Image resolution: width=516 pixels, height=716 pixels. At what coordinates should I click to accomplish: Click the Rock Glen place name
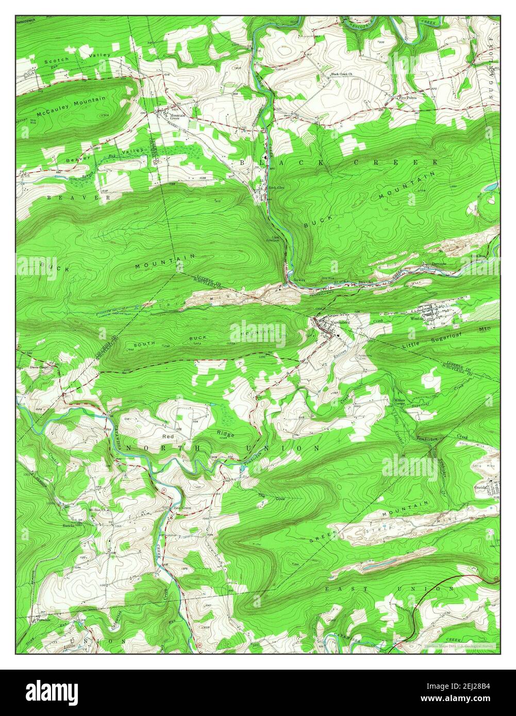coord(276,187)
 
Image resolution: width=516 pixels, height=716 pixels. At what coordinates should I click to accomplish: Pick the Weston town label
coord(417,319)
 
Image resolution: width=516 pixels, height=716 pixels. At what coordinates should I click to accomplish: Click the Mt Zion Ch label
coord(98,509)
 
